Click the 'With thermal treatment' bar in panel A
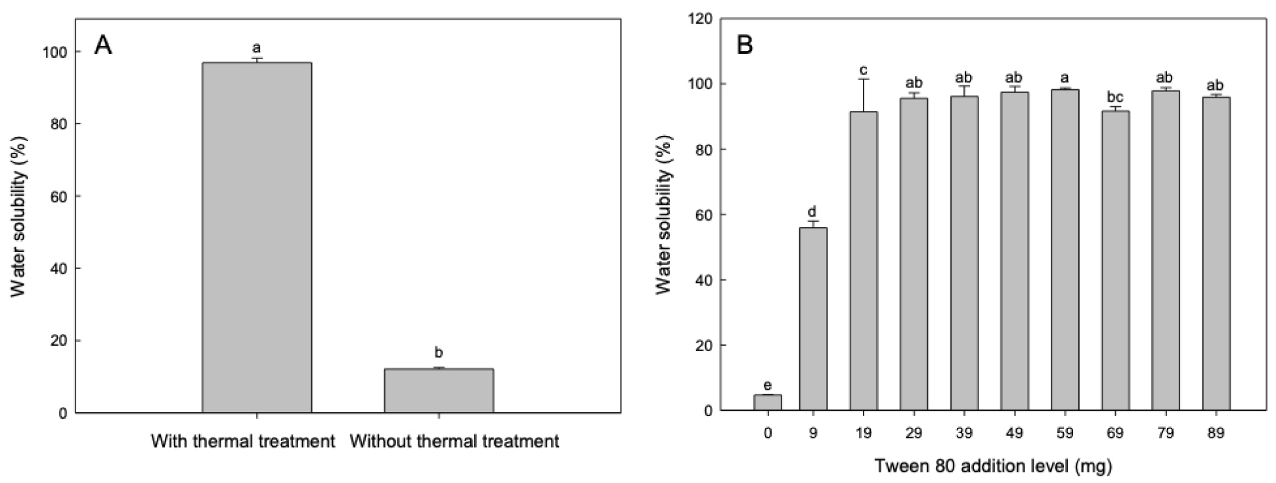[256, 238]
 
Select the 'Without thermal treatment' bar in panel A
[439, 390]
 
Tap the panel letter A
[103, 45]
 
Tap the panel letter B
[745, 45]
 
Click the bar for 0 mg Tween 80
[767, 402]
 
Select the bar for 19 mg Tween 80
[864, 261]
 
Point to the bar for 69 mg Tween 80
[1115, 261]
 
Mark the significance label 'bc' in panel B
[1115, 98]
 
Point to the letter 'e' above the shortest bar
[767, 385]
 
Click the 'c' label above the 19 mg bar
[864, 70]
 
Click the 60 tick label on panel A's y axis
[58, 196]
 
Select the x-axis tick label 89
[1216, 433]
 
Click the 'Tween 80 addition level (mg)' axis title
[992, 466]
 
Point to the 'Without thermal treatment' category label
[454, 441]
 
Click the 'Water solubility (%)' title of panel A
[18, 233]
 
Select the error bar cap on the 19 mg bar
[864, 79]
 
